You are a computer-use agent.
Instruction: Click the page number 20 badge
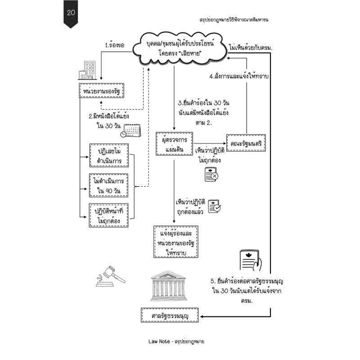71,13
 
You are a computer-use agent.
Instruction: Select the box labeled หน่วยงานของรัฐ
102,91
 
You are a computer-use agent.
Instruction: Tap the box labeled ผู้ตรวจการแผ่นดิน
174,144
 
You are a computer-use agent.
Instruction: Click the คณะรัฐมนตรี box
246,143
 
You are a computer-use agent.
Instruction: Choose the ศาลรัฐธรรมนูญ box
170,315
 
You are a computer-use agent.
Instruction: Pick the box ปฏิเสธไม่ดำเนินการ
109,155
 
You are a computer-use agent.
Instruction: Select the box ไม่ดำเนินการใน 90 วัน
108,185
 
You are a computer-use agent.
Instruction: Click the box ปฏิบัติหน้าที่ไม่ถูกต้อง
108,216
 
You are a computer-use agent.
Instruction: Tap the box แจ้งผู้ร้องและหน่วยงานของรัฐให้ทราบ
176,242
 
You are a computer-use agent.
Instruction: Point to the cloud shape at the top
180,49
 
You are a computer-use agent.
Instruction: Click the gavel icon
110,276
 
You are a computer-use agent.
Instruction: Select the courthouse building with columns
168,286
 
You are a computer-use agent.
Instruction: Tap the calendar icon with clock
130,130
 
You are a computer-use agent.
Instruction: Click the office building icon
87,70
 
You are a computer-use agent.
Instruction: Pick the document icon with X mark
211,175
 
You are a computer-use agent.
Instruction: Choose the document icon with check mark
215,206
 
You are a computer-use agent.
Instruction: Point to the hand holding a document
251,261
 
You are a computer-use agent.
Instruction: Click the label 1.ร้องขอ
115,45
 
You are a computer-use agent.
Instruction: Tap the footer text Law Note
159,342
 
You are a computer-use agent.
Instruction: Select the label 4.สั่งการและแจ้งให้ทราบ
239,76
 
